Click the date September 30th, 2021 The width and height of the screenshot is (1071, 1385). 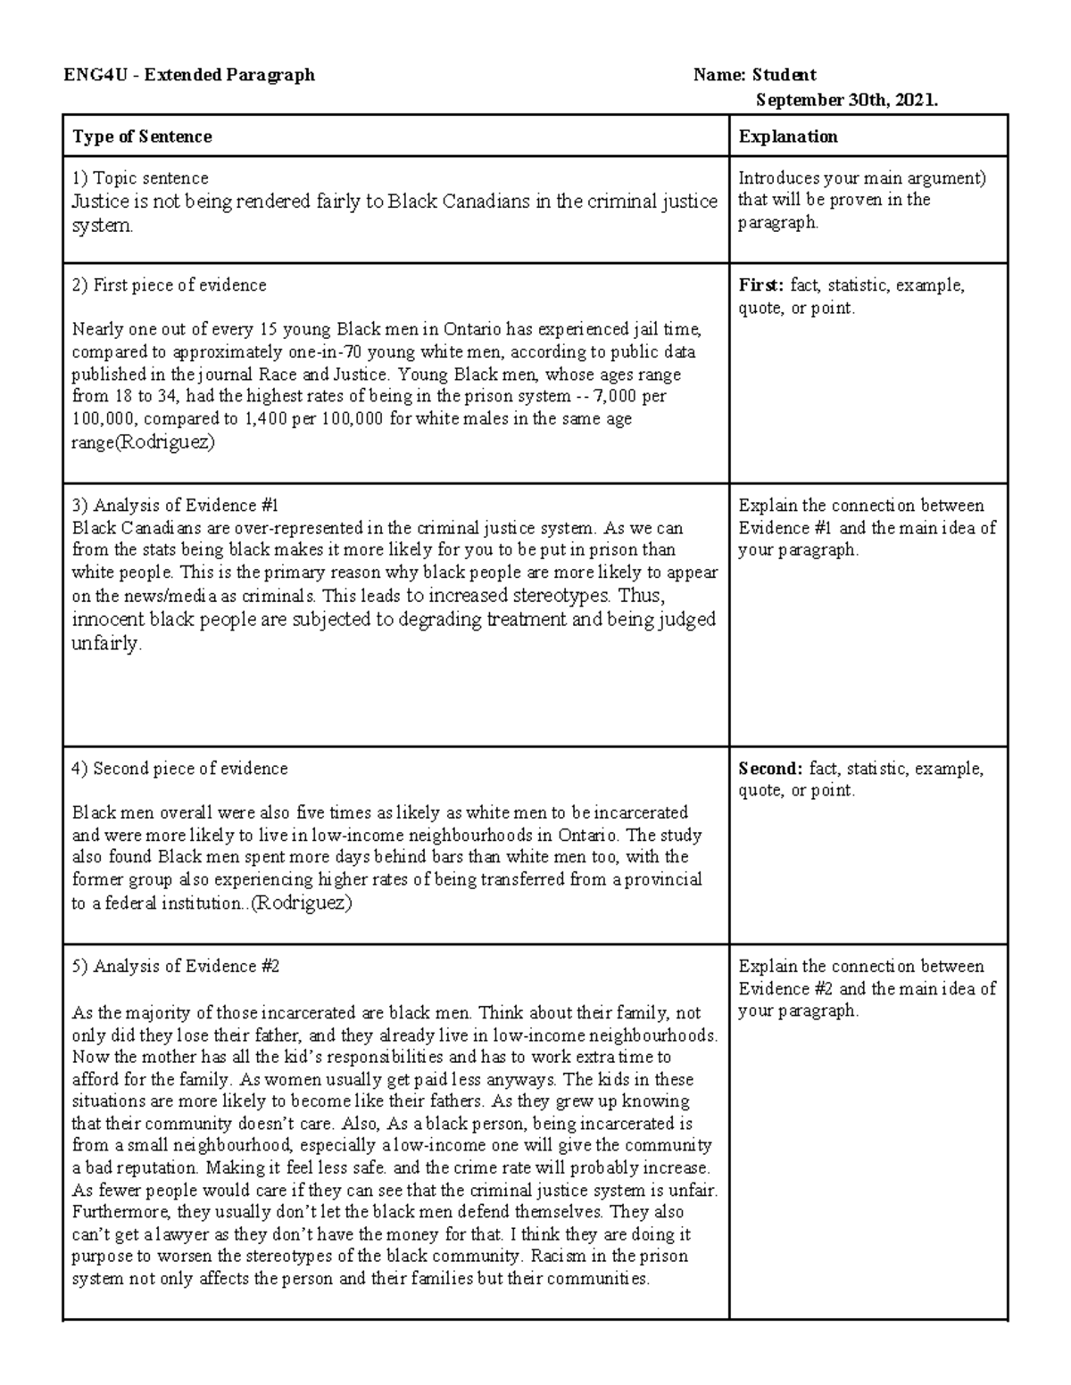[846, 101]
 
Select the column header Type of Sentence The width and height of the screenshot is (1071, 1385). [142, 136]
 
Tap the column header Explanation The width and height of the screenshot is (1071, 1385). [788, 136]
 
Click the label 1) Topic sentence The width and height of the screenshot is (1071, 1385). [140, 178]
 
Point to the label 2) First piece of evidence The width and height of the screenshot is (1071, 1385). [169, 285]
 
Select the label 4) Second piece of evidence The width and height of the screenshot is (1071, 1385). [179, 769]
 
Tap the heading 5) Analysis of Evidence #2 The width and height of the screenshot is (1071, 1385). [176, 967]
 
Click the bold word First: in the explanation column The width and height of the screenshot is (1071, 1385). [760, 285]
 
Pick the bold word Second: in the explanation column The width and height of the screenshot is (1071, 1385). [770, 769]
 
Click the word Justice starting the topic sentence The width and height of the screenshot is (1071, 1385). [101, 202]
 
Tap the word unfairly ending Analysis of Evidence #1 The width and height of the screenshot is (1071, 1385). [105, 643]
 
